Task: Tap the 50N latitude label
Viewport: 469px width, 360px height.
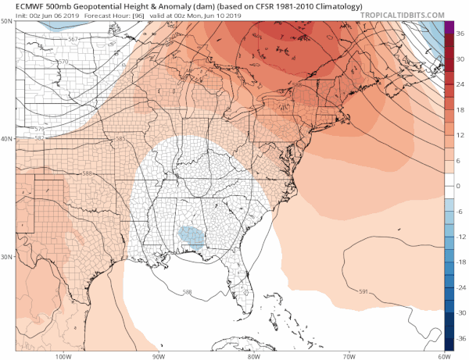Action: (x=8, y=23)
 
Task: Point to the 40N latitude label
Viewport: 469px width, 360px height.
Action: (x=8, y=139)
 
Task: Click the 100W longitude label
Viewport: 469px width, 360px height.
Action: (x=65, y=355)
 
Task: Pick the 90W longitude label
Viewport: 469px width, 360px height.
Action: (x=159, y=355)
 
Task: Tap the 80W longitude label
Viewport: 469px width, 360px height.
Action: (x=253, y=355)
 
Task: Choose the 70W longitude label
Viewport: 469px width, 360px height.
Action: (x=347, y=355)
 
